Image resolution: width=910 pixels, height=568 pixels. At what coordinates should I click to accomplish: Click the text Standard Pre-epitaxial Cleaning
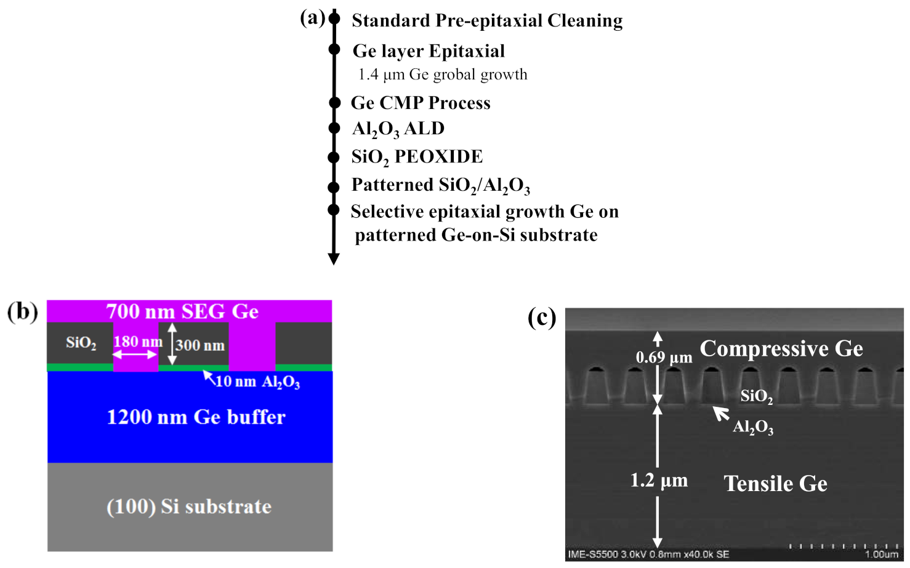(486, 21)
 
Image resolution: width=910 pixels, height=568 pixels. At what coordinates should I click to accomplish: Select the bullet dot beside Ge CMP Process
(334, 103)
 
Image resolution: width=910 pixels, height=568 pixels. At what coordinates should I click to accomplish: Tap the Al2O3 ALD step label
(398, 129)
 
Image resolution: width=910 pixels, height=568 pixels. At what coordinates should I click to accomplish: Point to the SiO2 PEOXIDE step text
(416, 157)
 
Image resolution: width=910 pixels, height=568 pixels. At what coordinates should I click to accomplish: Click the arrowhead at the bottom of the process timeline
(334, 258)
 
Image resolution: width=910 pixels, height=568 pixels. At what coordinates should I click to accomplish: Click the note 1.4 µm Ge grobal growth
(442, 75)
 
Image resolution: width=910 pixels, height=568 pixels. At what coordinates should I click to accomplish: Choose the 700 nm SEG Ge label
(182, 311)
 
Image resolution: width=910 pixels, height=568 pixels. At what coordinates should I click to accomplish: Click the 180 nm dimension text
(137, 342)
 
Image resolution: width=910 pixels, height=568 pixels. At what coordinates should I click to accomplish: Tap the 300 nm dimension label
(199, 345)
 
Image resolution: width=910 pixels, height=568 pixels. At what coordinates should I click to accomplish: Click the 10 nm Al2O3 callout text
(257, 382)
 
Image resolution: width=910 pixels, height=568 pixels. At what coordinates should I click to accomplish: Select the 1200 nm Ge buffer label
(196, 417)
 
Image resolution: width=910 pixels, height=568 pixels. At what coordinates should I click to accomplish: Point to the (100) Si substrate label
(189, 506)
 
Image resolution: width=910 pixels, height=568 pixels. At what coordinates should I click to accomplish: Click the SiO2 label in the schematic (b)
(81, 343)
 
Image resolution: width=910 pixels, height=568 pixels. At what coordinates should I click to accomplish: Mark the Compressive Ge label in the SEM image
(781, 349)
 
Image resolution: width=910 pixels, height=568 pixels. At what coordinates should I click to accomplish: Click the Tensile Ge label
(775, 484)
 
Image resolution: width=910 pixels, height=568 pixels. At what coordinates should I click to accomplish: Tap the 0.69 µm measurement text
(664, 358)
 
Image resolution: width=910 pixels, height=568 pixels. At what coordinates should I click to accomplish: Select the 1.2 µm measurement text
(658, 480)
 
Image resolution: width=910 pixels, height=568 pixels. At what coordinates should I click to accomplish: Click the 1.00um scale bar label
(881, 554)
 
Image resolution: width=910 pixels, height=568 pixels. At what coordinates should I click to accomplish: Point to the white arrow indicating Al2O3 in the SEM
(720, 413)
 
